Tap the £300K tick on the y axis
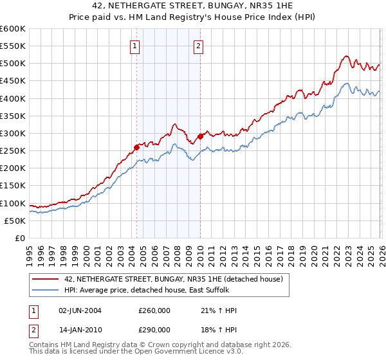click(x=13, y=133)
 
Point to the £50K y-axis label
click(x=15, y=221)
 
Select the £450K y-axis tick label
click(x=13, y=81)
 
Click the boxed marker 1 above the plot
click(x=135, y=46)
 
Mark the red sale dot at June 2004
click(x=136, y=147)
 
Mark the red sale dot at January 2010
click(x=200, y=136)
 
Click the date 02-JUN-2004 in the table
click(x=80, y=310)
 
